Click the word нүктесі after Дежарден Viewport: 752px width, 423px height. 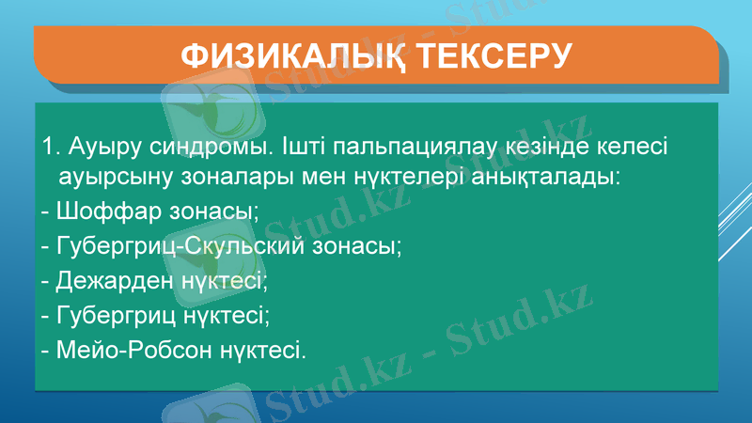coord(225,281)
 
